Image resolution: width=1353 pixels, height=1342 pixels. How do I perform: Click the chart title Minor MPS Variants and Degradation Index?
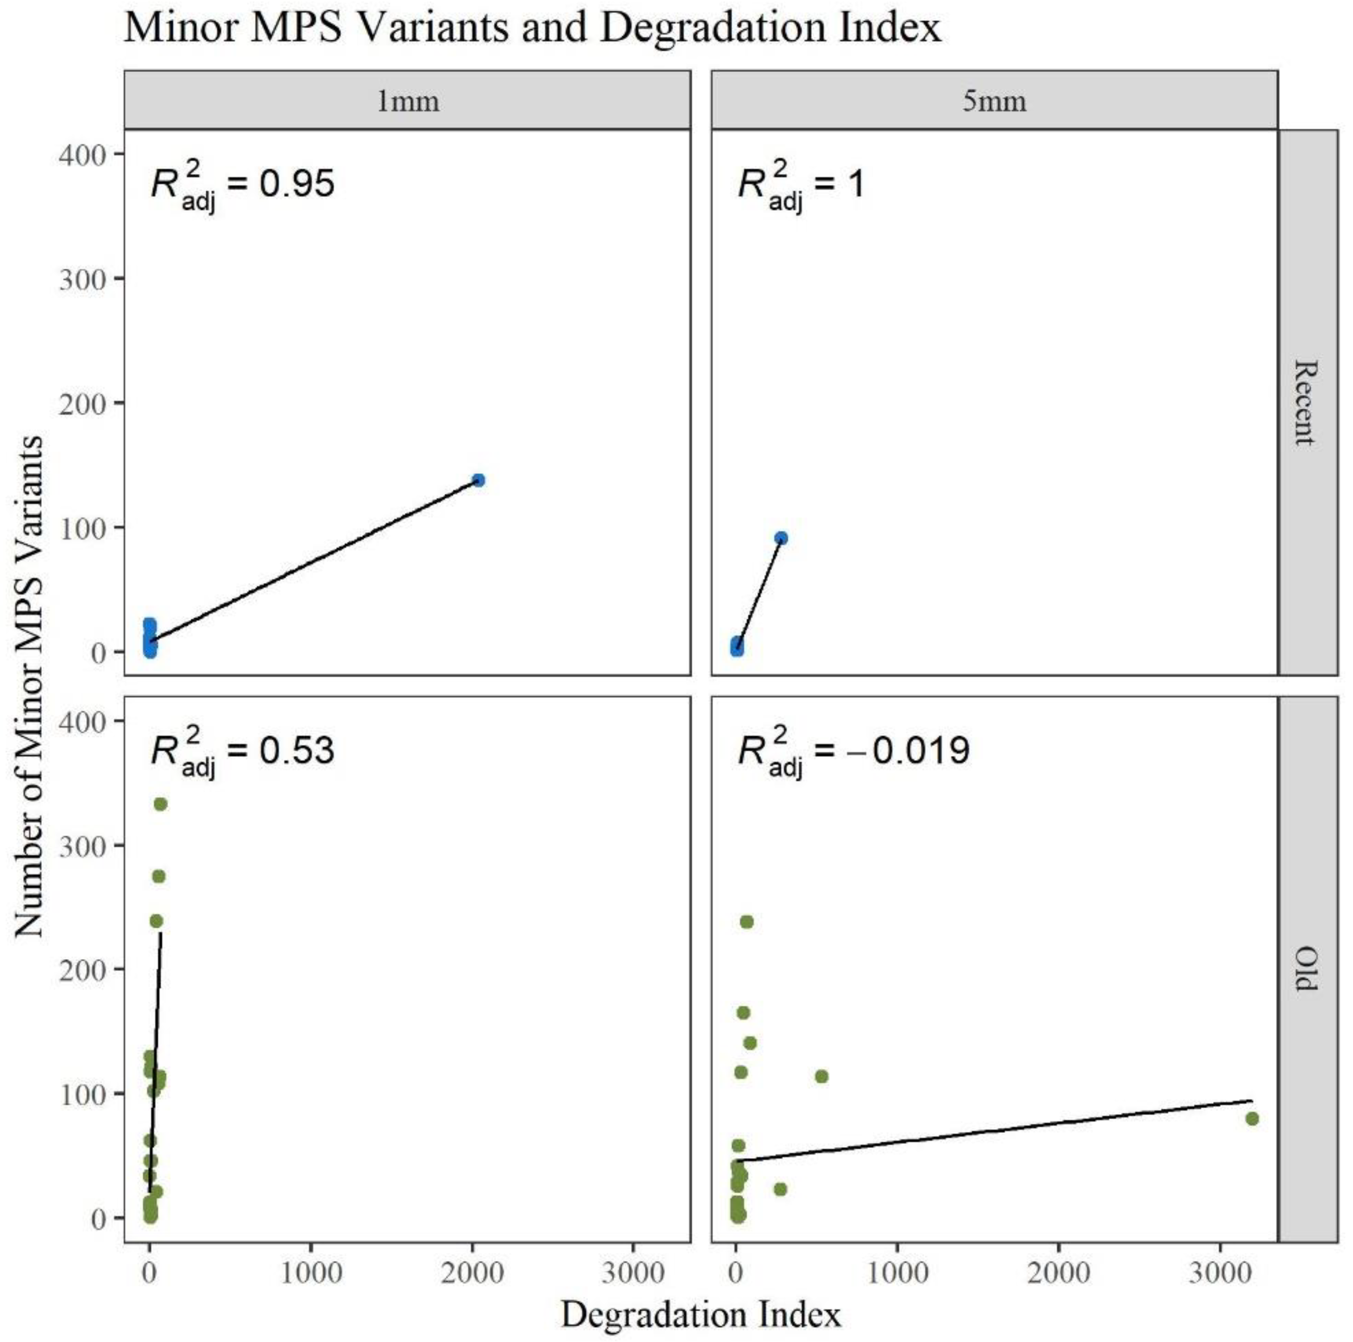pyautogui.click(x=532, y=28)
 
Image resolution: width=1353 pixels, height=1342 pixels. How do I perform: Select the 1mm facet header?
pyautogui.click(x=408, y=101)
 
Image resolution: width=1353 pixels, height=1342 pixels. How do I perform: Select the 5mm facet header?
pyautogui.click(x=994, y=101)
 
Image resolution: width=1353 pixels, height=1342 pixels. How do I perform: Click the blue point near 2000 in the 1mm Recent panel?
pyautogui.click(x=478, y=480)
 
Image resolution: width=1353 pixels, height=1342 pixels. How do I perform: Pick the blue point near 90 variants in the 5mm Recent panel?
pyautogui.click(x=781, y=538)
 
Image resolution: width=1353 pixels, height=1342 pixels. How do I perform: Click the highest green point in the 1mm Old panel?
pyautogui.click(x=160, y=804)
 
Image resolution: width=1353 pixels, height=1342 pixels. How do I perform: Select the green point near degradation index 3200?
pyautogui.click(x=1252, y=1119)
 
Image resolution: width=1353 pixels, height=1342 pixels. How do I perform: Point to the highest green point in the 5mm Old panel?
pyautogui.click(x=746, y=922)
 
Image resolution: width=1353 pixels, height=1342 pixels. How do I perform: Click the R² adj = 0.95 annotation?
pyautogui.click(x=242, y=185)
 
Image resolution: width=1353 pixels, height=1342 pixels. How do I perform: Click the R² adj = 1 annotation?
pyautogui.click(x=801, y=185)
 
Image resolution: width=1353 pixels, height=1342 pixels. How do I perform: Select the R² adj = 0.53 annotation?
pyautogui.click(x=242, y=751)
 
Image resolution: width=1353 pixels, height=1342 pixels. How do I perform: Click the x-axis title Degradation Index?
pyautogui.click(x=700, y=1315)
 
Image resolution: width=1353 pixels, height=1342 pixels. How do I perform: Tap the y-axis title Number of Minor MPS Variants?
pyautogui.click(x=29, y=686)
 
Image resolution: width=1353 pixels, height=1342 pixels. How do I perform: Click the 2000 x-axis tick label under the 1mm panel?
pyautogui.click(x=472, y=1272)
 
